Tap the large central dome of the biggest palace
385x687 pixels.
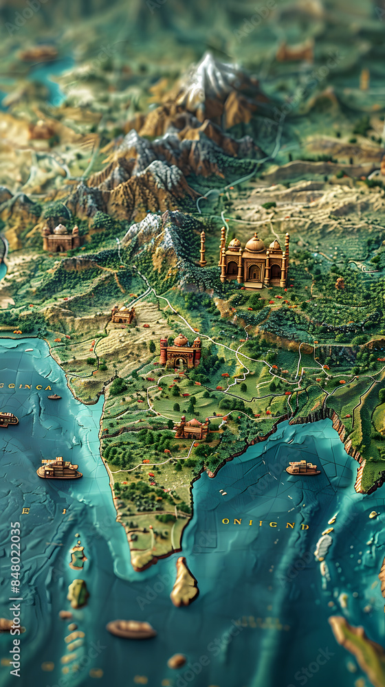[255, 244]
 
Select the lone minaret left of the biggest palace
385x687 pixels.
[202, 249]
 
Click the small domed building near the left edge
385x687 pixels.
[60, 238]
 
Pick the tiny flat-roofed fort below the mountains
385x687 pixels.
[123, 315]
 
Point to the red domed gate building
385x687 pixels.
[180, 351]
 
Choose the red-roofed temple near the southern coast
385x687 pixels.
[191, 428]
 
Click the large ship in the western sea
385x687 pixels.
[58, 469]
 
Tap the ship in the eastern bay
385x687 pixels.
[302, 469]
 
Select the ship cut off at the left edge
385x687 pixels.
[7, 419]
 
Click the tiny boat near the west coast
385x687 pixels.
[54, 396]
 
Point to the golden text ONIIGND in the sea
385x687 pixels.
[265, 523]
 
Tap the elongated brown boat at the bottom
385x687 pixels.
[131, 628]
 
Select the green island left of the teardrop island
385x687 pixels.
[78, 592]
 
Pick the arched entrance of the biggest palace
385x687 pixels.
[254, 273]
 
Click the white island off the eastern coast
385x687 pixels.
[322, 547]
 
